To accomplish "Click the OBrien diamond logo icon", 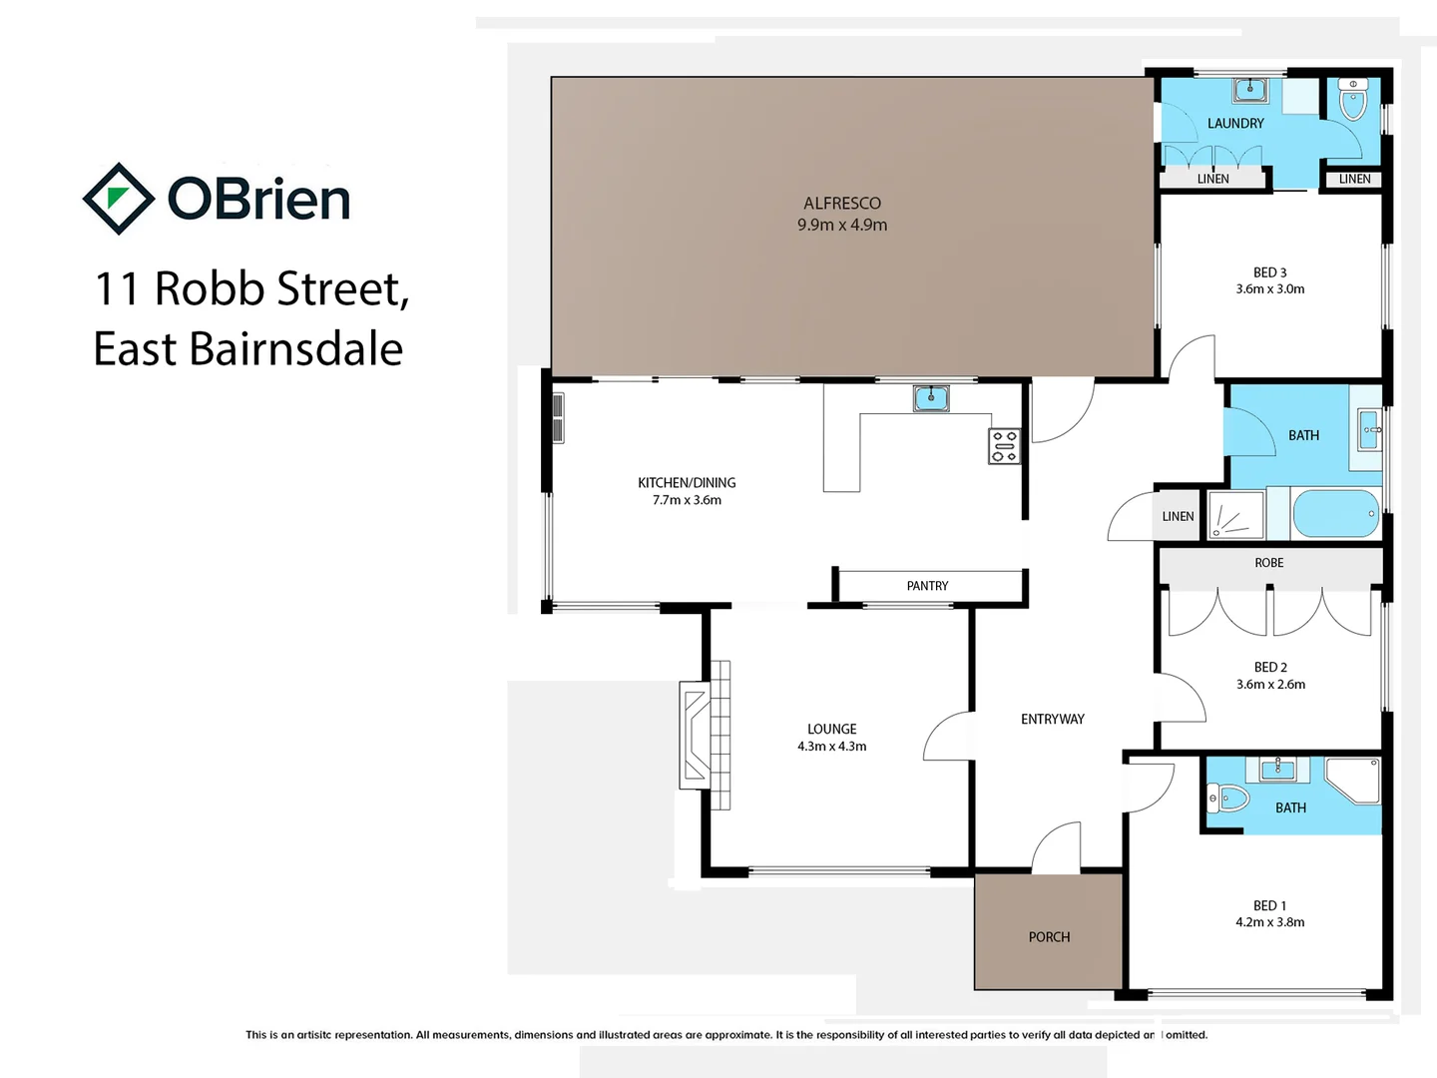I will pyautogui.click(x=118, y=199).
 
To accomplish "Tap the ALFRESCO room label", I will pyautogui.click(x=841, y=203).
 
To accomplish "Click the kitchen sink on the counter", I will pyautogui.click(x=930, y=398).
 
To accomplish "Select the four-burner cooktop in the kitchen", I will pyautogui.click(x=1004, y=446).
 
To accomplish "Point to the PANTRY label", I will pyautogui.click(x=927, y=586).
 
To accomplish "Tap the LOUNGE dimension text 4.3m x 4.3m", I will pyautogui.click(x=831, y=747).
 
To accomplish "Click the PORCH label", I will pyautogui.click(x=1049, y=937).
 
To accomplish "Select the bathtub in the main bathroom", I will pyautogui.click(x=1335, y=514).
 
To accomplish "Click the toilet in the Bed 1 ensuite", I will pyautogui.click(x=1228, y=798).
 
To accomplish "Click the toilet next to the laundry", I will pyautogui.click(x=1352, y=101).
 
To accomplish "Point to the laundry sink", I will pyautogui.click(x=1249, y=91).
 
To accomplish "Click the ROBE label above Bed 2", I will pyautogui.click(x=1268, y=563).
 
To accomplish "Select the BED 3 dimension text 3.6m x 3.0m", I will pyautogui.click(x=1269, y=289).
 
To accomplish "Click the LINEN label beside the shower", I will pyautogui.click(x=1178, y=516).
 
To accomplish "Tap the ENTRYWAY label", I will pyautogui.click(x=1052, y=719).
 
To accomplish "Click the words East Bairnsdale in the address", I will pyautogui.click(x=248, y=349).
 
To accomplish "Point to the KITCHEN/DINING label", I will pyautogui.click(x=687, y=482).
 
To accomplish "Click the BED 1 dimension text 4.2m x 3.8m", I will pyautogui.click(x=1269, y=922).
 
